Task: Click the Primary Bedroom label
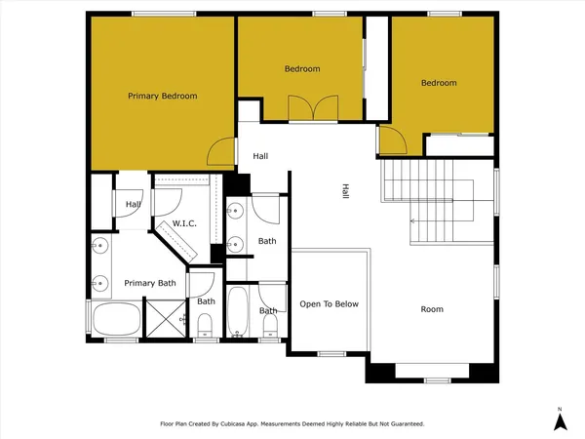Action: click(x=163, y=96)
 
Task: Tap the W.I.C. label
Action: click(x=185, y=223)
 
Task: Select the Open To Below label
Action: click(x=329, y=303)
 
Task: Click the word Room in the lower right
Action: click(x=431, y=309)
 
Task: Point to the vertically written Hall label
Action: click(x=344, y=194)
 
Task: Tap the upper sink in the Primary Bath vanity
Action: click(x=100, y=244)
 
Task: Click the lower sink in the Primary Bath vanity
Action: click(x=100, y=284)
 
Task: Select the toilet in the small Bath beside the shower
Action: click(x=204, y=332)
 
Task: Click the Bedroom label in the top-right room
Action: click(x=439, y=83)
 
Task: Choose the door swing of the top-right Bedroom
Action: click(x=392, y=142)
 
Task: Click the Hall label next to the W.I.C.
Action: click(x=133, y=204)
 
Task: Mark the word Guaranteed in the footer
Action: click(x=406, y=424)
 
